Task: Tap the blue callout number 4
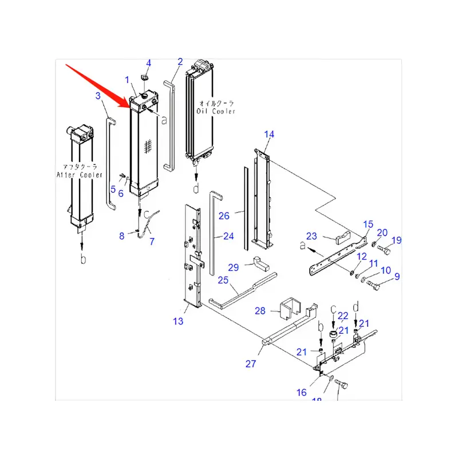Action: click(148, 62)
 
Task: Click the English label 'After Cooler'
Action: click(80, 173)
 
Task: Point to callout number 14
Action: click(269, 135)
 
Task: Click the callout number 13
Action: click(178, 321)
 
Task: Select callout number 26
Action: click(224, 216)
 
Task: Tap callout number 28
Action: click(260, 311)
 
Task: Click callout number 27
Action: click(251, 364)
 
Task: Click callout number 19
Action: click(396, 240)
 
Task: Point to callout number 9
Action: click(396, 277)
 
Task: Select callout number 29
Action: click(233, 267)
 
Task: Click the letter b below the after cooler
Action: click(83, 259)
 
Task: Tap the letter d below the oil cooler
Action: click(196, 188)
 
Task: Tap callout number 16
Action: click(302, 392)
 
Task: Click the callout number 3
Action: click(98, 96)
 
